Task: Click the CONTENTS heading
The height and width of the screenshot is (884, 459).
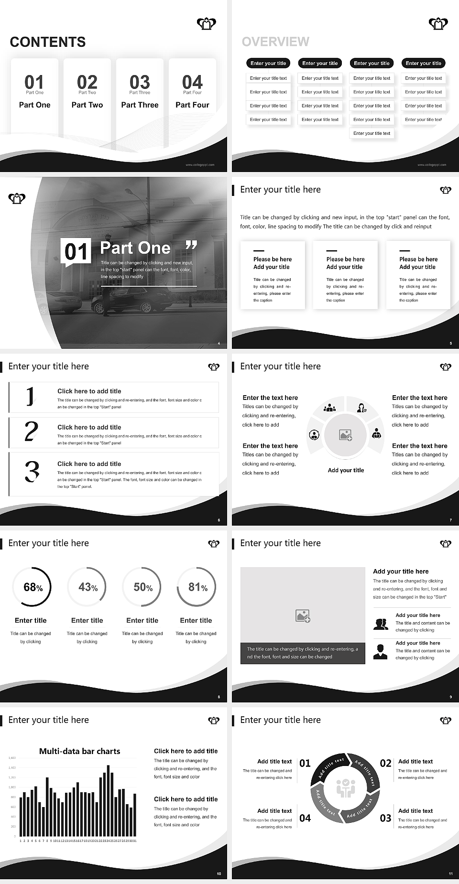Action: tap(48, 42)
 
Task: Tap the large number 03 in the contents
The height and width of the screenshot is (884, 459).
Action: tap(140, 82)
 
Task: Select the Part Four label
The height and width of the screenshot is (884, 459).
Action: tap(192, 105)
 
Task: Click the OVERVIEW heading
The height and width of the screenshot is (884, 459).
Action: tap(275, 42)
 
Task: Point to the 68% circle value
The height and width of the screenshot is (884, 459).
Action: tap(33, 587)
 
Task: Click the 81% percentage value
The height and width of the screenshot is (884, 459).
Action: tap(197, 587)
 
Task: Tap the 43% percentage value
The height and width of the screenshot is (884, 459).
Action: tap(88, 587)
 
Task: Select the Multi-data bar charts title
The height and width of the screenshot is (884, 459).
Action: tap(79, 751)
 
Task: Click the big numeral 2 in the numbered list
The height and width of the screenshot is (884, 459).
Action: tap(31, 431)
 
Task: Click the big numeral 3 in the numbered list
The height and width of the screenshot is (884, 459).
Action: tap(32, 471)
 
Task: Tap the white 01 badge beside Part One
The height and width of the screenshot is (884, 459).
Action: tap(76, 251)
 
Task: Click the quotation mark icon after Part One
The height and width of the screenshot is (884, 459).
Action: tap(191, 246)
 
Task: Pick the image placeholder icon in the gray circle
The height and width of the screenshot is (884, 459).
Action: tap(345, 435)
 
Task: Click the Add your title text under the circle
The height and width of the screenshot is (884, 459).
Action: tap(346, 470)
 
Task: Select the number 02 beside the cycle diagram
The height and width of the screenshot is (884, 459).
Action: tap(385, 763)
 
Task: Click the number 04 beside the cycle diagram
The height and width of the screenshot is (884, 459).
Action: tap(305, 818)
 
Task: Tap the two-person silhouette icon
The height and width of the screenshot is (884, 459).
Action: tap(381, 624)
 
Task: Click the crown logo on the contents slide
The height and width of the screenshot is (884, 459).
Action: tap(206, 23)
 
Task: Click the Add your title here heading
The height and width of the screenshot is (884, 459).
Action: tap(401, 571)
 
